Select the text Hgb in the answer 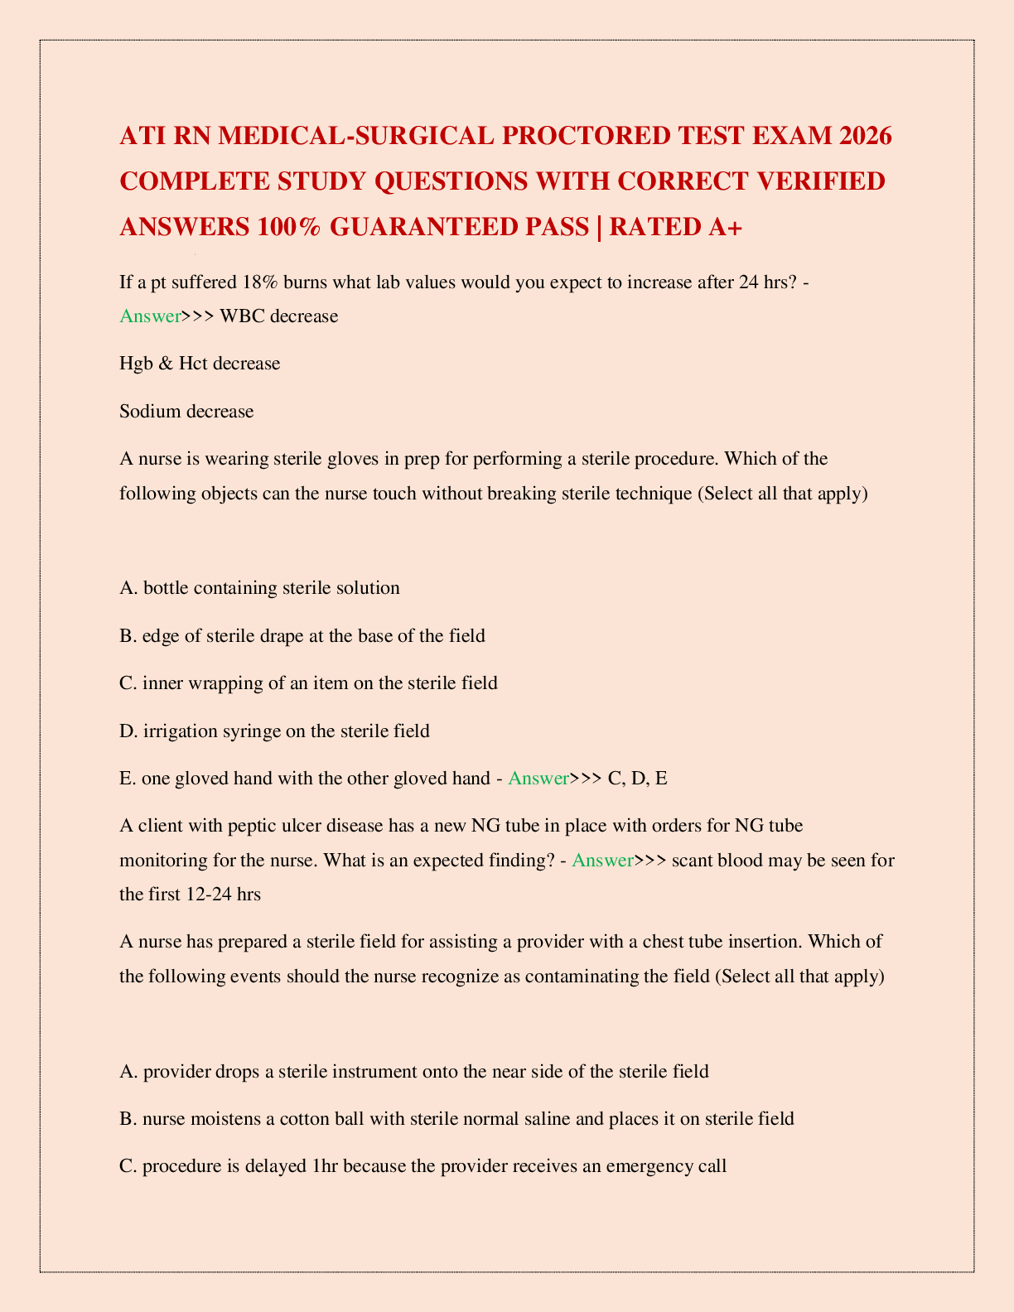click(x=135, y=363)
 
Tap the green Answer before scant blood click(x=602, y=860)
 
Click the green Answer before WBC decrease click(x=150, y=316)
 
